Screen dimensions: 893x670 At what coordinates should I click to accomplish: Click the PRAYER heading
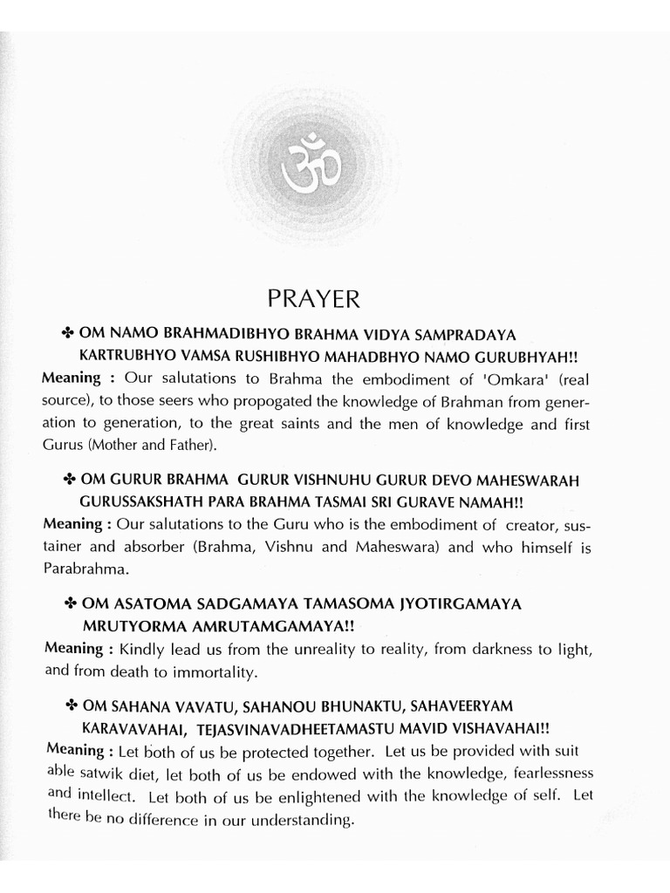click(312, 299)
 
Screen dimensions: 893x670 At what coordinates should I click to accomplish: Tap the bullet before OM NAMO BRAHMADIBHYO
click(67, 333)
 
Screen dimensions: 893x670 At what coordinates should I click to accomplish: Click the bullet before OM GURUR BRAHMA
click(67, 481)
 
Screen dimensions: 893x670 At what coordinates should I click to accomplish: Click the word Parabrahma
click(80, 568)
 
